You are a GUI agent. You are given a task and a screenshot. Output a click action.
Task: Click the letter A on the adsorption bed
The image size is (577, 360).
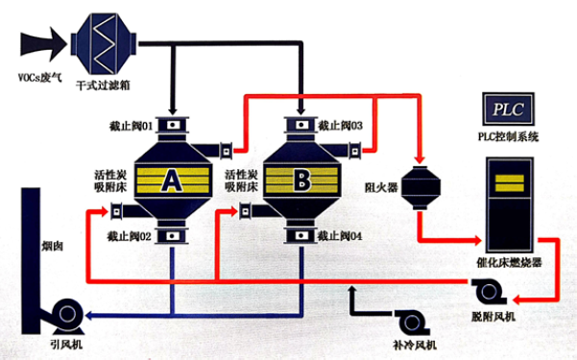point(172,180)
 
